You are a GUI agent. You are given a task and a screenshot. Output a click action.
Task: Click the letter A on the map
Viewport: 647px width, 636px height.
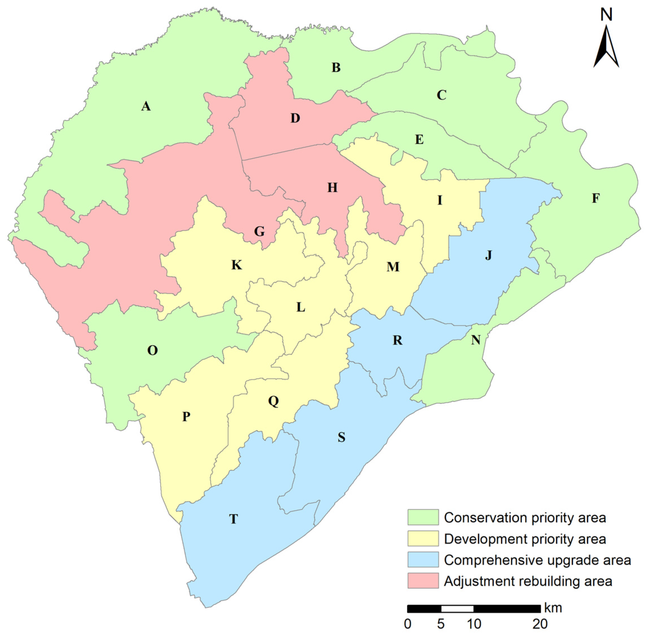[146, 106]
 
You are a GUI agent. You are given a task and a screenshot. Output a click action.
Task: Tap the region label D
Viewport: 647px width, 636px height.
[295, 118]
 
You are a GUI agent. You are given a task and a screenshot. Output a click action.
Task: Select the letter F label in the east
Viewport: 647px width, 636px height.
[596, 198]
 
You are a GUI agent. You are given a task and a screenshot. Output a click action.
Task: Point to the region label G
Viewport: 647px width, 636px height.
[259, 231]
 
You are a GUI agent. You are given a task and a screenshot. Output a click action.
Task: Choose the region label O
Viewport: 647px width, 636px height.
[153, 350]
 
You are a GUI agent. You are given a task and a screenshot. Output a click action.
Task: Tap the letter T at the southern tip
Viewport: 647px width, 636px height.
[233, 519]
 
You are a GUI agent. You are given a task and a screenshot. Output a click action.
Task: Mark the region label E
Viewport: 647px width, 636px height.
[419, 139]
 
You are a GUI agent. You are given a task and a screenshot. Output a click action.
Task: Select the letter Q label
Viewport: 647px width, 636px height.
[273, 401]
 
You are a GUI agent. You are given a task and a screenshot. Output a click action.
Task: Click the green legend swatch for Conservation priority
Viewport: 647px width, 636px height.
[423, 517]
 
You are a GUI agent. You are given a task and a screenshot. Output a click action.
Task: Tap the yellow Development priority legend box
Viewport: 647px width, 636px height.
[423, 538]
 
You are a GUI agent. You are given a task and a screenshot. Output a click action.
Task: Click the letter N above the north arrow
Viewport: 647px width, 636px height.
[606, 15]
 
